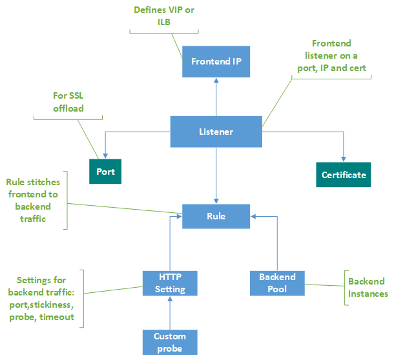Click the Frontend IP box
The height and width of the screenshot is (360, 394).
point(216,62)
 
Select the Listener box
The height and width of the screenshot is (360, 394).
point(216,132)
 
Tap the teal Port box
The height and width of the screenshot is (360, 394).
point(105,172)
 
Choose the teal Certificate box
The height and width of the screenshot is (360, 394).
point(344,175)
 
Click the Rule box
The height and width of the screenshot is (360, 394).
point(216,216)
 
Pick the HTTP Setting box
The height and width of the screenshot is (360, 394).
point(170,283)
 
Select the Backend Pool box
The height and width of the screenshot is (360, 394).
point(277,283)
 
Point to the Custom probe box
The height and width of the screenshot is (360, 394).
point(170,342)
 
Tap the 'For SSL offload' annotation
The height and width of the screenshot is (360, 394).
point(68,102)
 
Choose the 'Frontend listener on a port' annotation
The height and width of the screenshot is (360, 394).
point(331,56)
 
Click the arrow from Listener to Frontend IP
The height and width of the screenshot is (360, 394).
point(216,97)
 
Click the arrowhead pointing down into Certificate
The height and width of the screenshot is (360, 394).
point(344,157)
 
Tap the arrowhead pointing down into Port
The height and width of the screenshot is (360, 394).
point(105,155)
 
